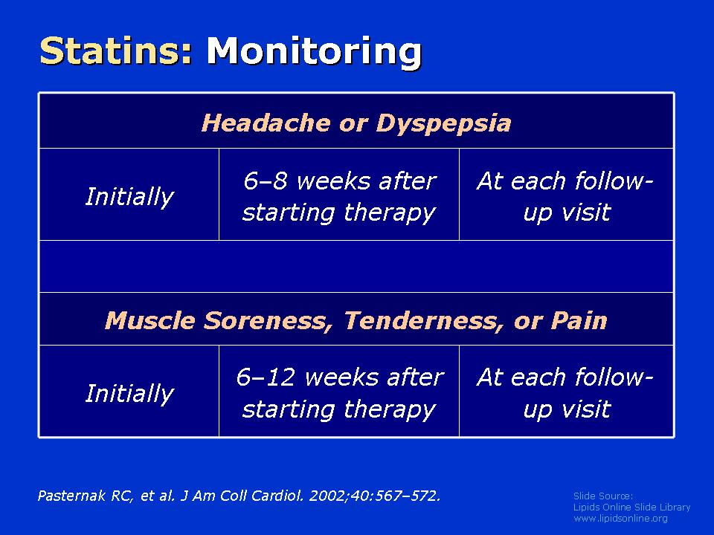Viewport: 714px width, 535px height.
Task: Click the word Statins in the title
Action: (116, 51)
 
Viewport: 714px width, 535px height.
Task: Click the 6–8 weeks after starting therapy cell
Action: (339, 195)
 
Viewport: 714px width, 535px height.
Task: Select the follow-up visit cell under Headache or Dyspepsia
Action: (566, 195)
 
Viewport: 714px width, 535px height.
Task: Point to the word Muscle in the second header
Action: (149, 320)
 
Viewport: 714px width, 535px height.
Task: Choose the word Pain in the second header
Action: (579, 320)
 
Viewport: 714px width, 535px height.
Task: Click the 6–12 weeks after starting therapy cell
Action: (339, 392)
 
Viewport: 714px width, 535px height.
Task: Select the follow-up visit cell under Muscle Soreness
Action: (566, 392)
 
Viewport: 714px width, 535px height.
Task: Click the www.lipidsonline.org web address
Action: (620, 518)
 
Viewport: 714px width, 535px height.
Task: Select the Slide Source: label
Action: (603, 496)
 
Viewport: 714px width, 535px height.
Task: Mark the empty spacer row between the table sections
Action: (356, 266)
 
